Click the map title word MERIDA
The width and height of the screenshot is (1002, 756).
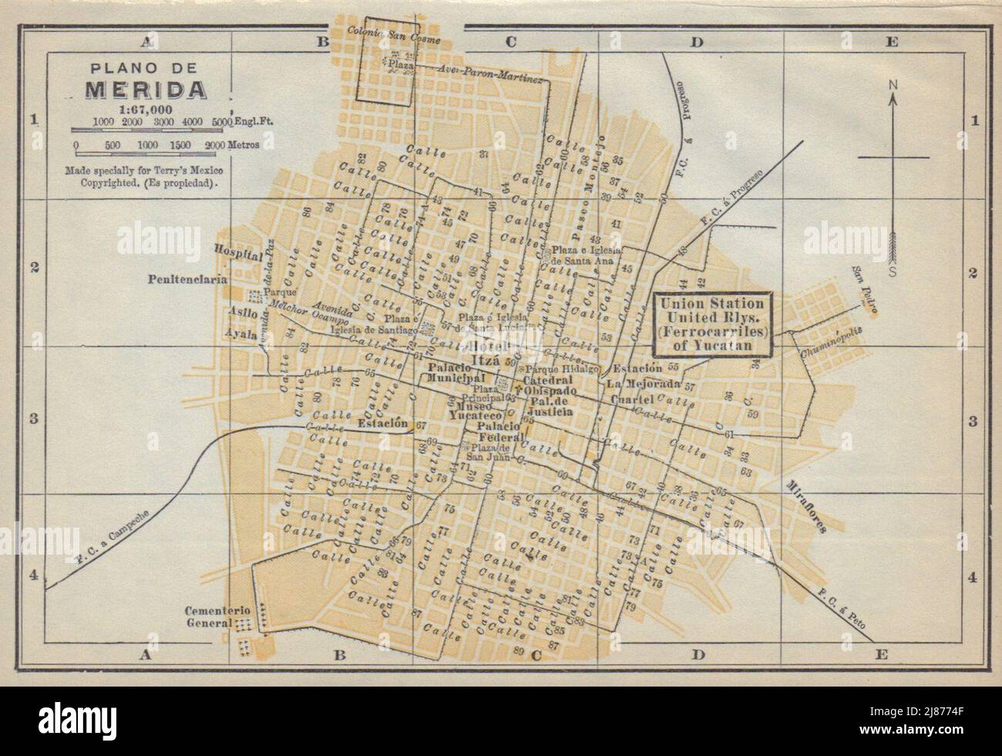(x=145, y=89)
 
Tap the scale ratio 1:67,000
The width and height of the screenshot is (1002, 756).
(x=145, y=110)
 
